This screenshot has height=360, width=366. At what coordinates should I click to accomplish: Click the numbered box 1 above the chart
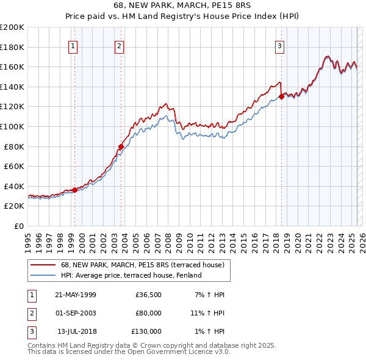[x=73, y=45]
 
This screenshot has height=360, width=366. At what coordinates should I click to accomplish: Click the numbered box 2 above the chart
[x=120, y=45]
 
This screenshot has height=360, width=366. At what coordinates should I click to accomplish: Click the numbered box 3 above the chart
[x=279, y=45]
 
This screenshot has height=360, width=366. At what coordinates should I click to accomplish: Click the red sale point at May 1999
[x=74, y=190]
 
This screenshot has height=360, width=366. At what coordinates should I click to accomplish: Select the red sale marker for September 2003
[x=121, y=146]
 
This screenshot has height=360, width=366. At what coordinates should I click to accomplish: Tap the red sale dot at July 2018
[x=281, y=96]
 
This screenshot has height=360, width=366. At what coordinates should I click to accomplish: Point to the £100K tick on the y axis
[x=12, y=126]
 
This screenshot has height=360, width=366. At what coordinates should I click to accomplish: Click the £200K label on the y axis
[x=12, y=27]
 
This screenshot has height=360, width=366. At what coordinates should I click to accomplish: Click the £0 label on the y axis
[x=18, y=226]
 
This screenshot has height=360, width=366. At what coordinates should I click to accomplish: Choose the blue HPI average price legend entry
[x=131, y=275]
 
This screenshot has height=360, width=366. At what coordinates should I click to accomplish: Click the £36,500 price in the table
[x=148, y=295]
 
